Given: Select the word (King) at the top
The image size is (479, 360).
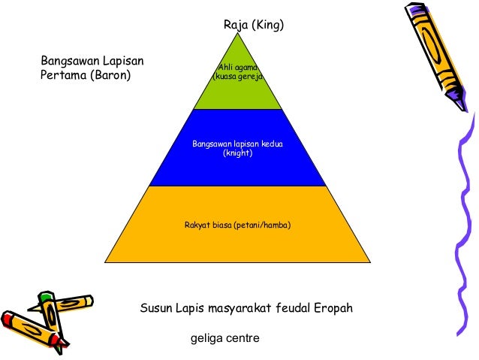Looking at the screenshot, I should pyautogui.click(x=268, y=26).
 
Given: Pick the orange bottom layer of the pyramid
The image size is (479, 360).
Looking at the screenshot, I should pyautogui.click(x=237, y=241).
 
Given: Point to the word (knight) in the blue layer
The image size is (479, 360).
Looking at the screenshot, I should pyautogui.click(x=238, y=153).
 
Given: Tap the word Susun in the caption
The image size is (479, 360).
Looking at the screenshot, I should pyautogui.click(x=155, y=309).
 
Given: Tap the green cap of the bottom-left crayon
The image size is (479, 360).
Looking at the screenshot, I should pyautogui.click(x=47, y=299).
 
